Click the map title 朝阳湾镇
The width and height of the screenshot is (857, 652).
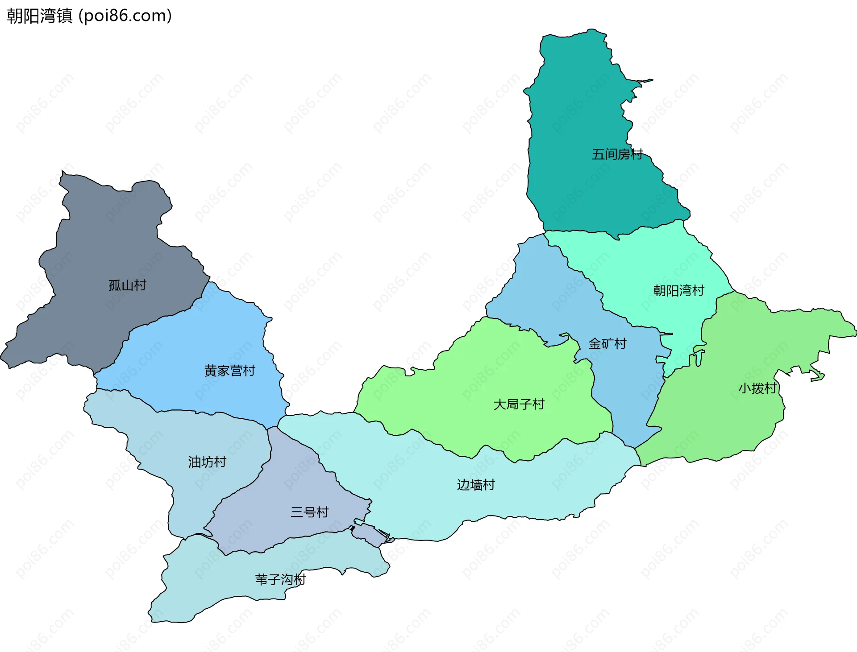(39, 16)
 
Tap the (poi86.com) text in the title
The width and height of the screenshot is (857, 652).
(125, 16)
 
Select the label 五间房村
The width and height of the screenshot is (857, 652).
(617, 154)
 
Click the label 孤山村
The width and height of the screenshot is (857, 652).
(127, 285)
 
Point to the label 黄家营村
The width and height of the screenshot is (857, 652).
(229, 371)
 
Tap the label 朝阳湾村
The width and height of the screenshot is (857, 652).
(678, 291)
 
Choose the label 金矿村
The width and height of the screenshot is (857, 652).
(607, 343)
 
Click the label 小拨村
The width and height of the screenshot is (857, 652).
(757, 388)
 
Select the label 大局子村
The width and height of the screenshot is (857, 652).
(519, 404)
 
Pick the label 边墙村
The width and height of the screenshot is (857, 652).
(476, 485)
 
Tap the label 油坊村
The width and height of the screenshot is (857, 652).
(207, 462)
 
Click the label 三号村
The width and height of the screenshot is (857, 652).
(309, 512)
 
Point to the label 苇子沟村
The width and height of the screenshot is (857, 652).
(280, 579)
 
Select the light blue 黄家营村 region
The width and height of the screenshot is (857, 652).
(187, 348)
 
